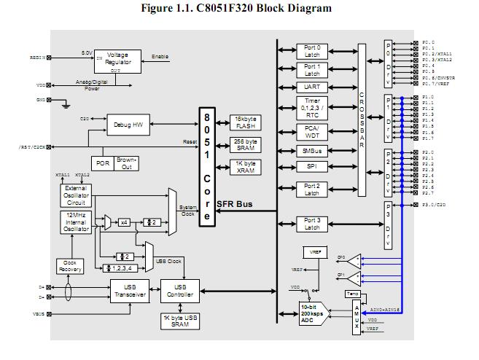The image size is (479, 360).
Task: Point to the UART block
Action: point(312,87)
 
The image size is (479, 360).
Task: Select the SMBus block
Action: point(312,151)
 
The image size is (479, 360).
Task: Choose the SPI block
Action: point(312,167)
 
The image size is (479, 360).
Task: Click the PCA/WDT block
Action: point(312,131)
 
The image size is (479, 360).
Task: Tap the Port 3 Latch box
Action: point(312,223)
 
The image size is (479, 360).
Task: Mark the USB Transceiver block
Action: point(130,291)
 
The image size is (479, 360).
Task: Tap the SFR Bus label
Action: point(234,204)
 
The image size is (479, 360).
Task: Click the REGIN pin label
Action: point(36,57)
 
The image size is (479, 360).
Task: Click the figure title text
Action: point(238,9)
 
